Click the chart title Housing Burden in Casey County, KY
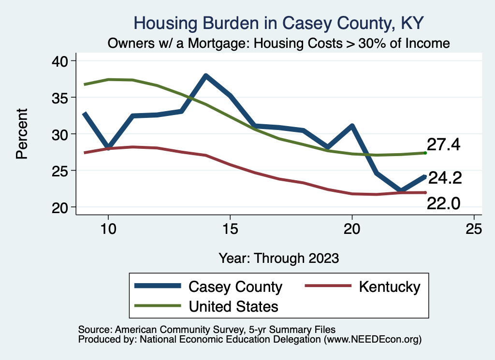tap(279, 23)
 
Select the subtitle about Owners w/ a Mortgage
tap(279, 43)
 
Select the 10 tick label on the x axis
tap(108, 229)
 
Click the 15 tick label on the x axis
tap(230, 229)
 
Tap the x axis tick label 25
tap(474, 229)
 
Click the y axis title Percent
tap(21, 134)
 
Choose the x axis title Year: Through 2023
tap(279, 258)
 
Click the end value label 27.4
tap(443, 144)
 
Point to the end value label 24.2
tap(445, 178)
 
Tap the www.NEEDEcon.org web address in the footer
tap(372, 339)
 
